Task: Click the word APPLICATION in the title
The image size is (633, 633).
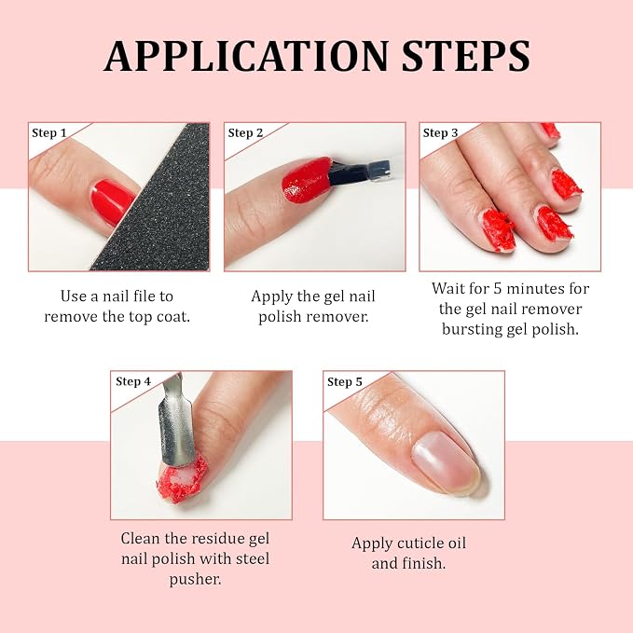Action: [x=246, y=56]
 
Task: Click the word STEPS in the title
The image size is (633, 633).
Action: [x=466, y=56]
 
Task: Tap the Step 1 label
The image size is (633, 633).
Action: [x=48, y=132]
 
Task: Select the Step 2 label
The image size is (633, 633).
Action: [x=245, y=132]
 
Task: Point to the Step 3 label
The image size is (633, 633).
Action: [x=440, y=132]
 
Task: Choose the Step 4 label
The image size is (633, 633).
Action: [x=132, y=381]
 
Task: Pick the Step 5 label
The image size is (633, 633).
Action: [x=345, y=382]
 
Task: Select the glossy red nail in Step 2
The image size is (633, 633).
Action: [x=307, y=179]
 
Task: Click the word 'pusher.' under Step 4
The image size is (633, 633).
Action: [x=195, y=580]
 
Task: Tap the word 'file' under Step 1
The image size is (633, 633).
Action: [x=142, y=296]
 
